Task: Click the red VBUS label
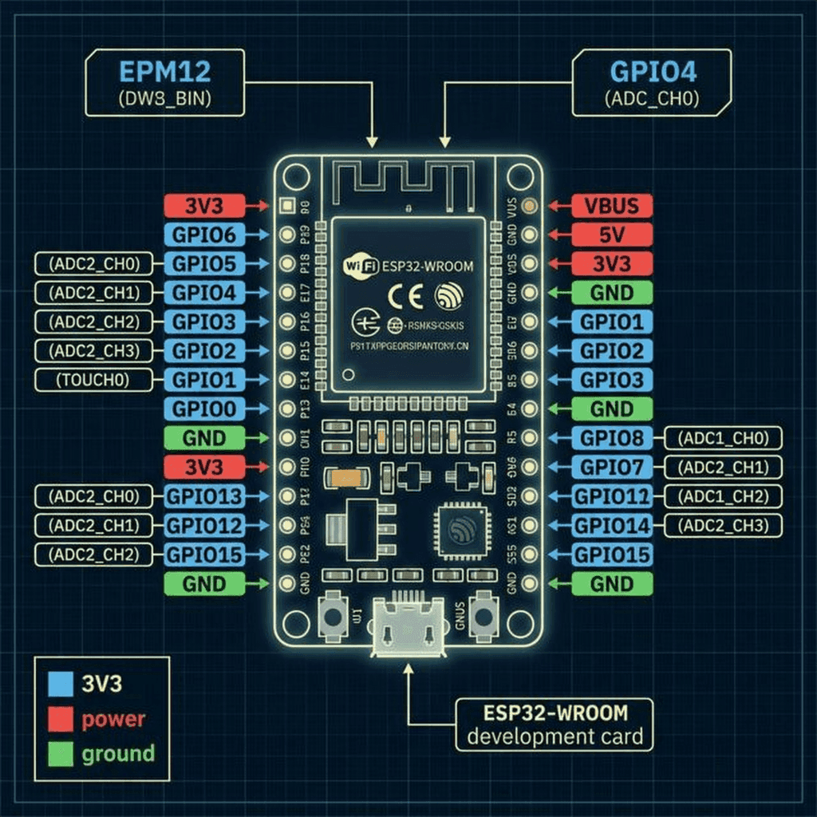(x=612, y=206)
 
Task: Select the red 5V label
(x=612, y=235)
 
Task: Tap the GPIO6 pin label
(x=204, y=235)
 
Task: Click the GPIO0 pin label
(x=204, y=409)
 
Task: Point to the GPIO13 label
(x=204, y=496)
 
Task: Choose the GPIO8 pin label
(x=612, y=438)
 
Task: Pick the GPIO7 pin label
(x=612, y=467)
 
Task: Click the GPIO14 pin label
(x=612, y=525)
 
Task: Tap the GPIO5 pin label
(x=204, y=263)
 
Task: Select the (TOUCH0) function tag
(x=93, y=380)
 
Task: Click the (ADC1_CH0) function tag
(x=723, y=438)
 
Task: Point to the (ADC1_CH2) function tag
(x=723, y=496)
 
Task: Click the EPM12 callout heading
(x=165, y=72)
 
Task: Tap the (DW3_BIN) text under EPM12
(x=165, y=100)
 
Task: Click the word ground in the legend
(x=118, y=754)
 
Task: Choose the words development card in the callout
(x=555, y=736)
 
